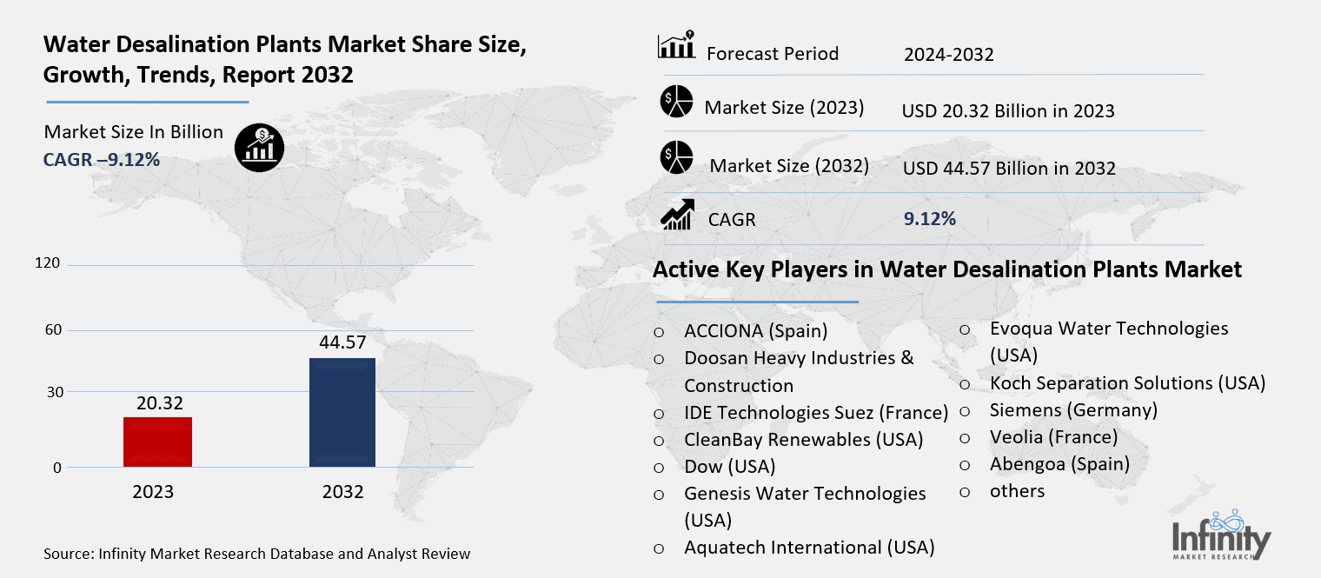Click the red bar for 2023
pos(157,442)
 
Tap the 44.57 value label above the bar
pos(342,342)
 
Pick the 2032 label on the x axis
pos(342,492)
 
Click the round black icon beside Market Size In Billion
pos(259,148)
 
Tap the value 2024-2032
pos(948,55)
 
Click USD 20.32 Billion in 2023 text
pos(1008,111)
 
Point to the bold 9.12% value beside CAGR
pos(930,219)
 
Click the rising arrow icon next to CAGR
pos(677,215)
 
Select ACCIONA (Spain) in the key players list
pos(755,330)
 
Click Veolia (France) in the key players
pos(1053,436)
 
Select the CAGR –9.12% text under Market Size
pos(102,160)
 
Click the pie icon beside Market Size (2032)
pos(675,156)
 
